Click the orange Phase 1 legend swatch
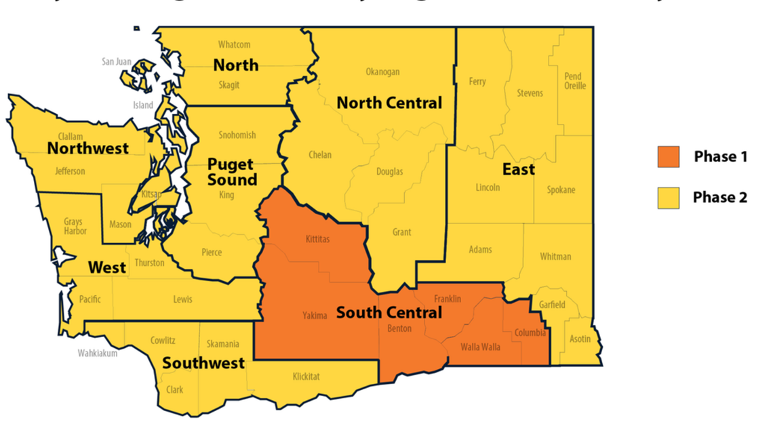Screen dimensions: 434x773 pos(668,156)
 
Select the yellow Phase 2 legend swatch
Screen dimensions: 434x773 pos(668,197)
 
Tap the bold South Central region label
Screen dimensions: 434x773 pos(389,313)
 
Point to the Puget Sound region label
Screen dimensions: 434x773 pos(231,172)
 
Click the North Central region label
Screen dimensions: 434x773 pos(389,103)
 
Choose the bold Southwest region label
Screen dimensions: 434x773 pos(203,363)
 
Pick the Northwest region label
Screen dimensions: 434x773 pos(87,148)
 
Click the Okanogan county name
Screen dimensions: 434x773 pos(382,72)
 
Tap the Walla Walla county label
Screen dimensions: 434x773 pos(480,347)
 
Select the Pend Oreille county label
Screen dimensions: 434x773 pos(575,81)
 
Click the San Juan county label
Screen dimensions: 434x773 pos(117,62)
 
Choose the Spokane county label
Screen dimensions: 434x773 pos(560,190)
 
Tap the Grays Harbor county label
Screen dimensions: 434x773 pos(73,225)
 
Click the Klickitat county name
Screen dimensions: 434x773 pos(306,376)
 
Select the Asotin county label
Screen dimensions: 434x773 pos(580,339)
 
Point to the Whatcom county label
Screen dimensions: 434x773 pos(234,45)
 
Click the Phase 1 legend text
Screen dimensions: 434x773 pos(720,156)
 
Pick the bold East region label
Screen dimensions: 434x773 pos(518,169)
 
